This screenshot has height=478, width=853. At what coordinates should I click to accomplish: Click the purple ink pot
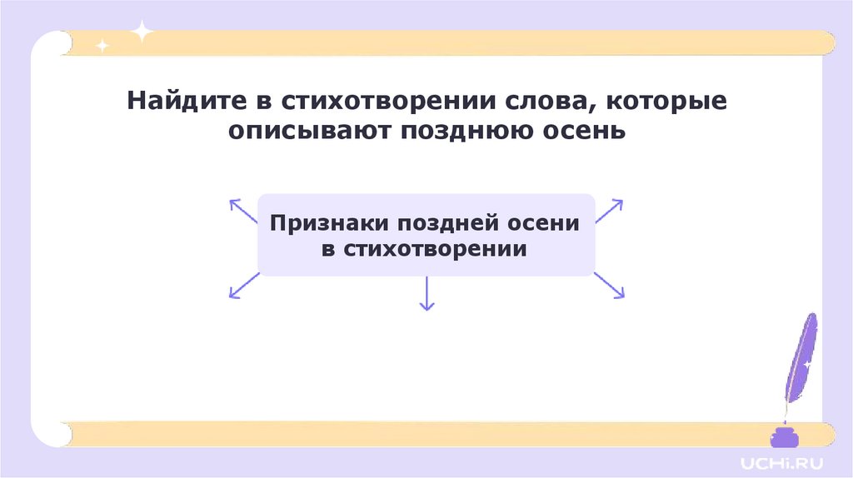[782, 437]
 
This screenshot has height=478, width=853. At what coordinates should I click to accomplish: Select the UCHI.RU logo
[774, 460]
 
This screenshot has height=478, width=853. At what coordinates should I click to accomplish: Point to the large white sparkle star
[143, 32]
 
